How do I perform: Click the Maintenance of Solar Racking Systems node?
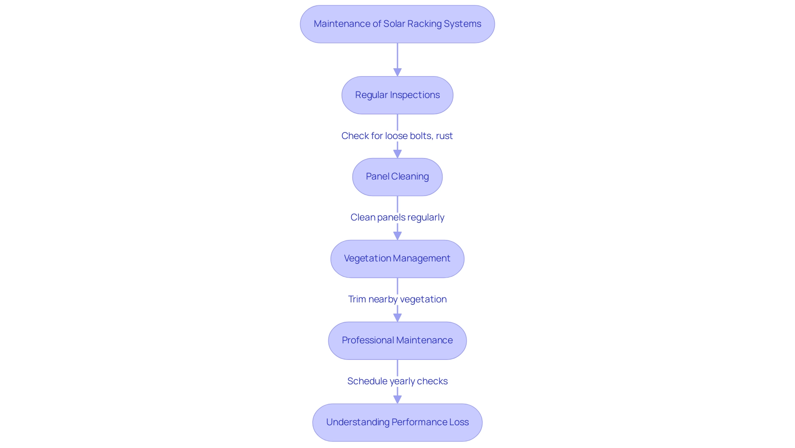tap(397, 24)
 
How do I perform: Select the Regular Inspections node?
tap(397, 95)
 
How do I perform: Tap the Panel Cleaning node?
tap(397, 177)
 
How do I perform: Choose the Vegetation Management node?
tap(397, 259)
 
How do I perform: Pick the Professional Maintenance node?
tap(397, 340)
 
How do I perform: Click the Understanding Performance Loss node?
tap(397, 422)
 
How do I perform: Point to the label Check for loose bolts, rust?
tap(397, 136)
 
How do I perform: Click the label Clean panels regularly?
tap(397, 217)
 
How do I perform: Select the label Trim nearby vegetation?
tap(397, 299)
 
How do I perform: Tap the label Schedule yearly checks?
tap(397, 381)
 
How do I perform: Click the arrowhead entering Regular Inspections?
tap(397, 72)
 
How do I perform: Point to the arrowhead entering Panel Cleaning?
tap(397, 154)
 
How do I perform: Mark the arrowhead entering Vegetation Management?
tap(397, 236)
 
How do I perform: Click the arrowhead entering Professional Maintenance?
tap(397, 318)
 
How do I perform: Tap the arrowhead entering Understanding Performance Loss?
tap(397, 400)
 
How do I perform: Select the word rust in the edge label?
tap(444, 136)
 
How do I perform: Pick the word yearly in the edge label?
tap(402, 381)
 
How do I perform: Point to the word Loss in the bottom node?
tap(459, 422)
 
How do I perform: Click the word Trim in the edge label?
tap(357, 299)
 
